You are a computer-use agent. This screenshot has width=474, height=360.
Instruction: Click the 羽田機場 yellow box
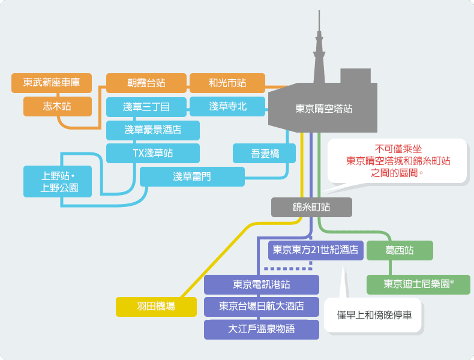tap(156, 307)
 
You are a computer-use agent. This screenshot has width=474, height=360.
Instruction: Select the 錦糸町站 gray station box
tap(311, 207)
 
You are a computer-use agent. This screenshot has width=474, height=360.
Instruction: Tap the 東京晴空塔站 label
tap(324, 109)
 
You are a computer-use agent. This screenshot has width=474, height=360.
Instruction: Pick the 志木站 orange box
tap(58, 106)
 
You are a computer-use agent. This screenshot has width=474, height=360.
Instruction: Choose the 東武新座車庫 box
tap(52, 83)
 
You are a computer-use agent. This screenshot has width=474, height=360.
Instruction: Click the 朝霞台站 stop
tap(146, 83)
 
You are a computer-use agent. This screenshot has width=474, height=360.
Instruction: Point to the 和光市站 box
tap(227, 83)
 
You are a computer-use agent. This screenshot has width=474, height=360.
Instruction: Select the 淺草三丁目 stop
tap(146, 107)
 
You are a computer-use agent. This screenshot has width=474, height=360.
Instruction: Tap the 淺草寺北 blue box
tap(227, 106)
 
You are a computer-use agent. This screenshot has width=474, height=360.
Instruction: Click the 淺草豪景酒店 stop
tap(152, 130)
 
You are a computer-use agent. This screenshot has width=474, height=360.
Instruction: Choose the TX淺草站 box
tap(152, 153)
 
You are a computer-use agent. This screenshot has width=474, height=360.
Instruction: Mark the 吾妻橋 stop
tap(264, 153)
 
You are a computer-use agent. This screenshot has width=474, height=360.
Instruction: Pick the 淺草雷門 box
tap(192, 176)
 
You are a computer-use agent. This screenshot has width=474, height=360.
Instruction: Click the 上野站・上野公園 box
tap(58, 181)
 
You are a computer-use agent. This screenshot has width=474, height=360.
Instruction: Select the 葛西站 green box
tap(400, 250)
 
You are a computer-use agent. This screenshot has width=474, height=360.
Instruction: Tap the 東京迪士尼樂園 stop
tap(418, 284)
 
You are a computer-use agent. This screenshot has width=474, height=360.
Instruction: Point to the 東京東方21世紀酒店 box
tap(316, 250)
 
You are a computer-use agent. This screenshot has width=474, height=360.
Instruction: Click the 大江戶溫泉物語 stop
tap(262, 329)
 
